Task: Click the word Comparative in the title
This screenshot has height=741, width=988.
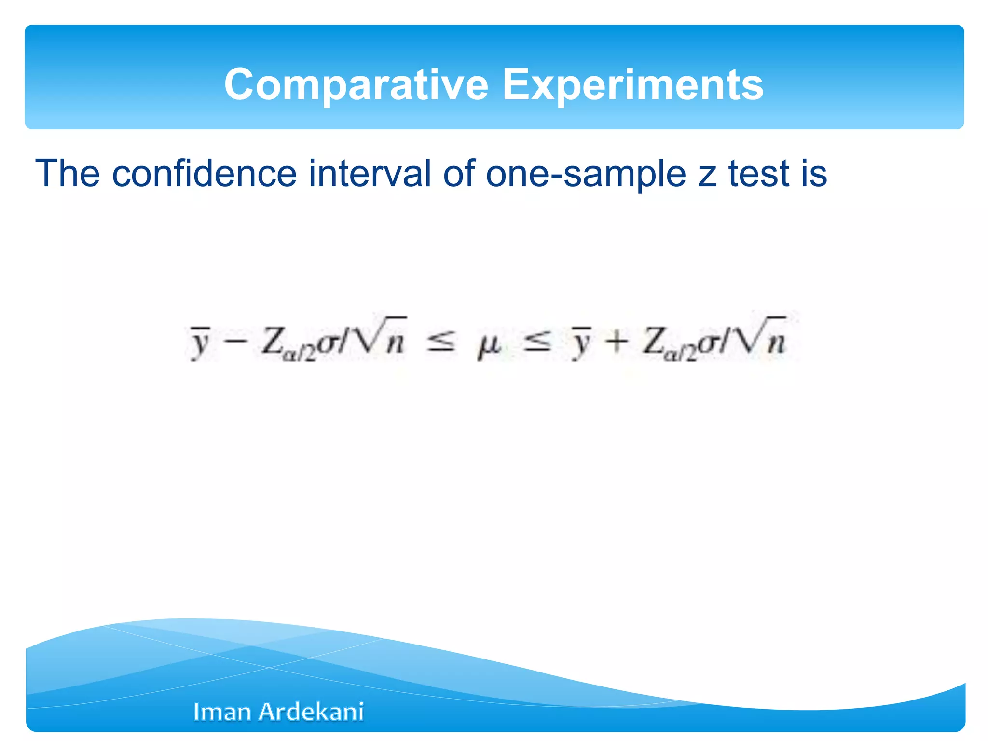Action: pyautogui.click(x=356, y=85)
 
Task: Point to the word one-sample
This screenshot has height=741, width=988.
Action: pyautogui.click(x=586, y=175)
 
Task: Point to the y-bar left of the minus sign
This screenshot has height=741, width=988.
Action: pyautogui.click(x=199, y=343)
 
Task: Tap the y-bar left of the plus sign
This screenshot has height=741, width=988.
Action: pyautogui.click(x=580, y=343)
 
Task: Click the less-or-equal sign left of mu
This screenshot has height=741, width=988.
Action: pyautogui.click(x=440, y=342)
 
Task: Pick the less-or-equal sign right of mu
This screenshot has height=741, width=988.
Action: pyautogui.click(x=537, y=342)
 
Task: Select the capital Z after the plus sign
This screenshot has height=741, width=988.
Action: pyautogui.click(x=653, y=341)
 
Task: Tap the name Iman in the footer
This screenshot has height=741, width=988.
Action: pyautogui.click(x=222, y=712)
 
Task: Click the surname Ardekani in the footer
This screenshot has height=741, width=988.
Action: pyautogui.click(x=311, y=712)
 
